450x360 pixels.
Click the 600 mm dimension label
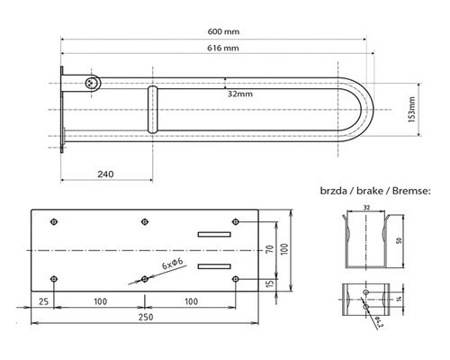point(223,31)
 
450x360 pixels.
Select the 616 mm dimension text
point(223,48)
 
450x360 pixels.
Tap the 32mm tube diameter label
point(240,94)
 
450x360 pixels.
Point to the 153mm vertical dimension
point(411,110)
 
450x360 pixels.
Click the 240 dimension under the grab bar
point(105,174)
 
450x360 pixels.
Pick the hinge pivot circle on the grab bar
point(91,83)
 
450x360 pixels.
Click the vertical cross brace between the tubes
point(152,110)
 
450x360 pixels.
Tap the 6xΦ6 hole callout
point(172,263)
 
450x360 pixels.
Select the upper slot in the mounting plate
point(214,234)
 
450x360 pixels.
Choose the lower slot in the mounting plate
point(214,266)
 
